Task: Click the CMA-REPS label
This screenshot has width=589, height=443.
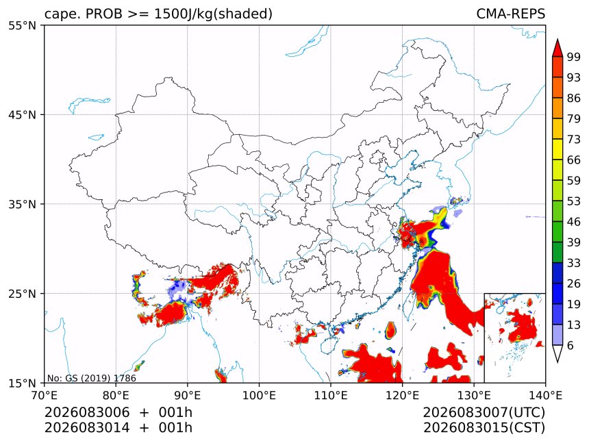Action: pos(510,14)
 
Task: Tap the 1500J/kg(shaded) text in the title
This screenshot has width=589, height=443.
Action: pos(213,14)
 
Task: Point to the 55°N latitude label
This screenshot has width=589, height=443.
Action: pos(22,25)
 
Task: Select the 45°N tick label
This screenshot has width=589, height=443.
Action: pos(22,114)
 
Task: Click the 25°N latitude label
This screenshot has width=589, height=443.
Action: pos(22,293)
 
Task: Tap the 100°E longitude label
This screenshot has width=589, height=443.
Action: pos(260,395)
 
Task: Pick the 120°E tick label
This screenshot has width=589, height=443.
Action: pos(402,395)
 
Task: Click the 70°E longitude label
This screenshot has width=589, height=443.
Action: pos(45,395)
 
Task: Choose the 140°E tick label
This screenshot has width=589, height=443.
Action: pos(545,395)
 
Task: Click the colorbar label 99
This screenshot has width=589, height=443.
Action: pos(574,57)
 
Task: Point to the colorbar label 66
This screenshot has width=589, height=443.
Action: pos(574,160)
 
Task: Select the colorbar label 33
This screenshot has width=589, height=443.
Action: pos(574,263)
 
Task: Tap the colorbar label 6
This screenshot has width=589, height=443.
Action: pos(571,345)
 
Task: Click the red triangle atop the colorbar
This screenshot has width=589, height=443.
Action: pos(557,47)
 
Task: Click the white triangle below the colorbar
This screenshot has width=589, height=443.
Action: pos(557,353)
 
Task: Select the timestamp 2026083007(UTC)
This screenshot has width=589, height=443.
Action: pos(484,412)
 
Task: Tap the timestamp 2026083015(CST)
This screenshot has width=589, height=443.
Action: pos(484,428)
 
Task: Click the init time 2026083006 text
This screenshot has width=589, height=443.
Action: pos(87,412)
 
